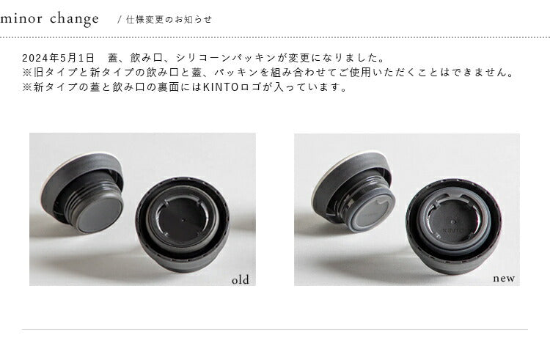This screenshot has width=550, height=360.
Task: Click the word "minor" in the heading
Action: point(21,18)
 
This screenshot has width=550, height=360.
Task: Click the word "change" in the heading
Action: point(74,19)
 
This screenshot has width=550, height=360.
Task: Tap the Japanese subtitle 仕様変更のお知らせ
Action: point(169,20)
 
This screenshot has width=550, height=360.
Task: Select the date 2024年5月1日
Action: point(58,57)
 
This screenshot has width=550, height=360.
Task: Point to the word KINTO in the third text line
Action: point(221,87)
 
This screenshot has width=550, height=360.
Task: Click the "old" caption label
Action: point(241,280)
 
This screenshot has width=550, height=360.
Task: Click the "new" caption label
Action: point(504,279)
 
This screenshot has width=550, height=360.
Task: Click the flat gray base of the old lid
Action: point(99,214)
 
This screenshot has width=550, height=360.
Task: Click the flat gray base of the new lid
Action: point(372,213)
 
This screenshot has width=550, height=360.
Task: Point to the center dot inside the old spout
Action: point(183,221)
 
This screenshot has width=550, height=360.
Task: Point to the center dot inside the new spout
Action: point(453,222)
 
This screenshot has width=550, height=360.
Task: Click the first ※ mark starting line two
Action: point(27,73)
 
